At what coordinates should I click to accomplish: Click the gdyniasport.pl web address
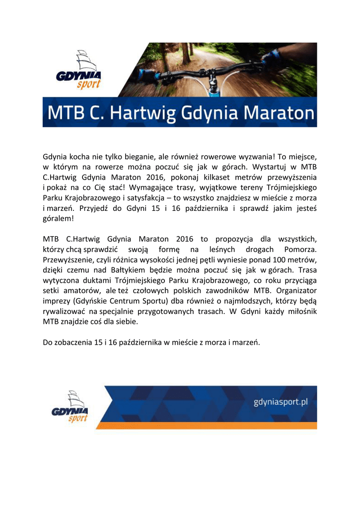[x=281, y=401]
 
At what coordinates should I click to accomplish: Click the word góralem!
[x=58, y=219]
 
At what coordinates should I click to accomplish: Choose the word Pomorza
[x=300, y=250]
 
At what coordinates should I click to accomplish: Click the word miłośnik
[x=300, y=313]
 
